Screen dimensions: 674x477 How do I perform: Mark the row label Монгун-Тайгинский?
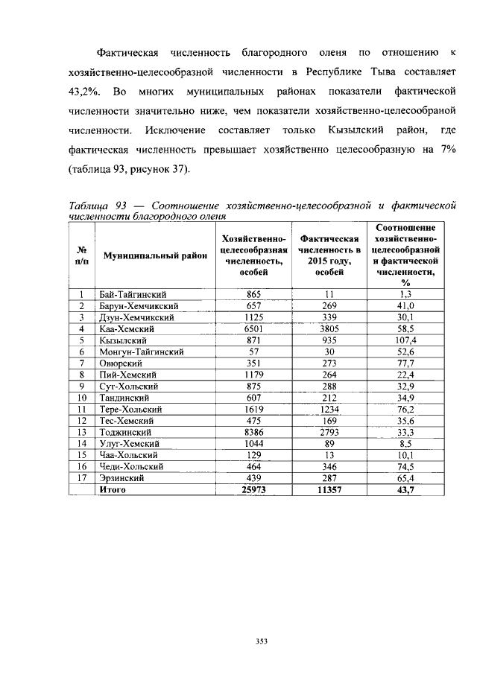click(142, 351)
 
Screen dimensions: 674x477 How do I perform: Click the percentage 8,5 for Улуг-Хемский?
click(406, 443)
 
